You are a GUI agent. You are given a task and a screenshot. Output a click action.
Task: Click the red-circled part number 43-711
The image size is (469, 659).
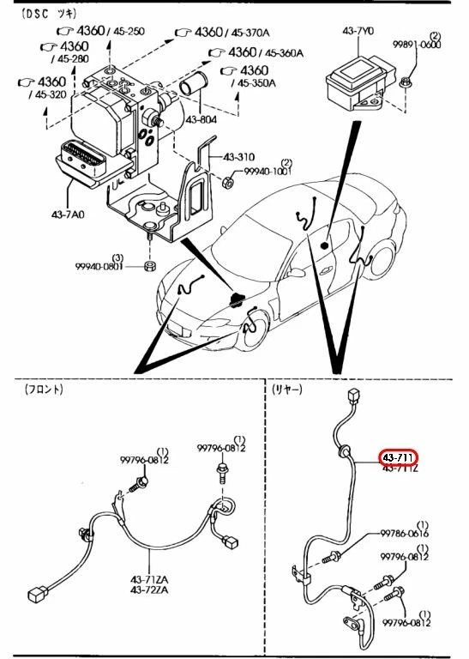click(x=400, y=458)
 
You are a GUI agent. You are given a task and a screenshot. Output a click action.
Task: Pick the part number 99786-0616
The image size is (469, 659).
click(x=406, y=534)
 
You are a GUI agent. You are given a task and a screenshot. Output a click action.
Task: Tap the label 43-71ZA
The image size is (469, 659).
click(x=149, y=579)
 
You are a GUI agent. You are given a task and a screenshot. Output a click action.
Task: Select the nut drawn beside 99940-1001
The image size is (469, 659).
click(x=228, y=181)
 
